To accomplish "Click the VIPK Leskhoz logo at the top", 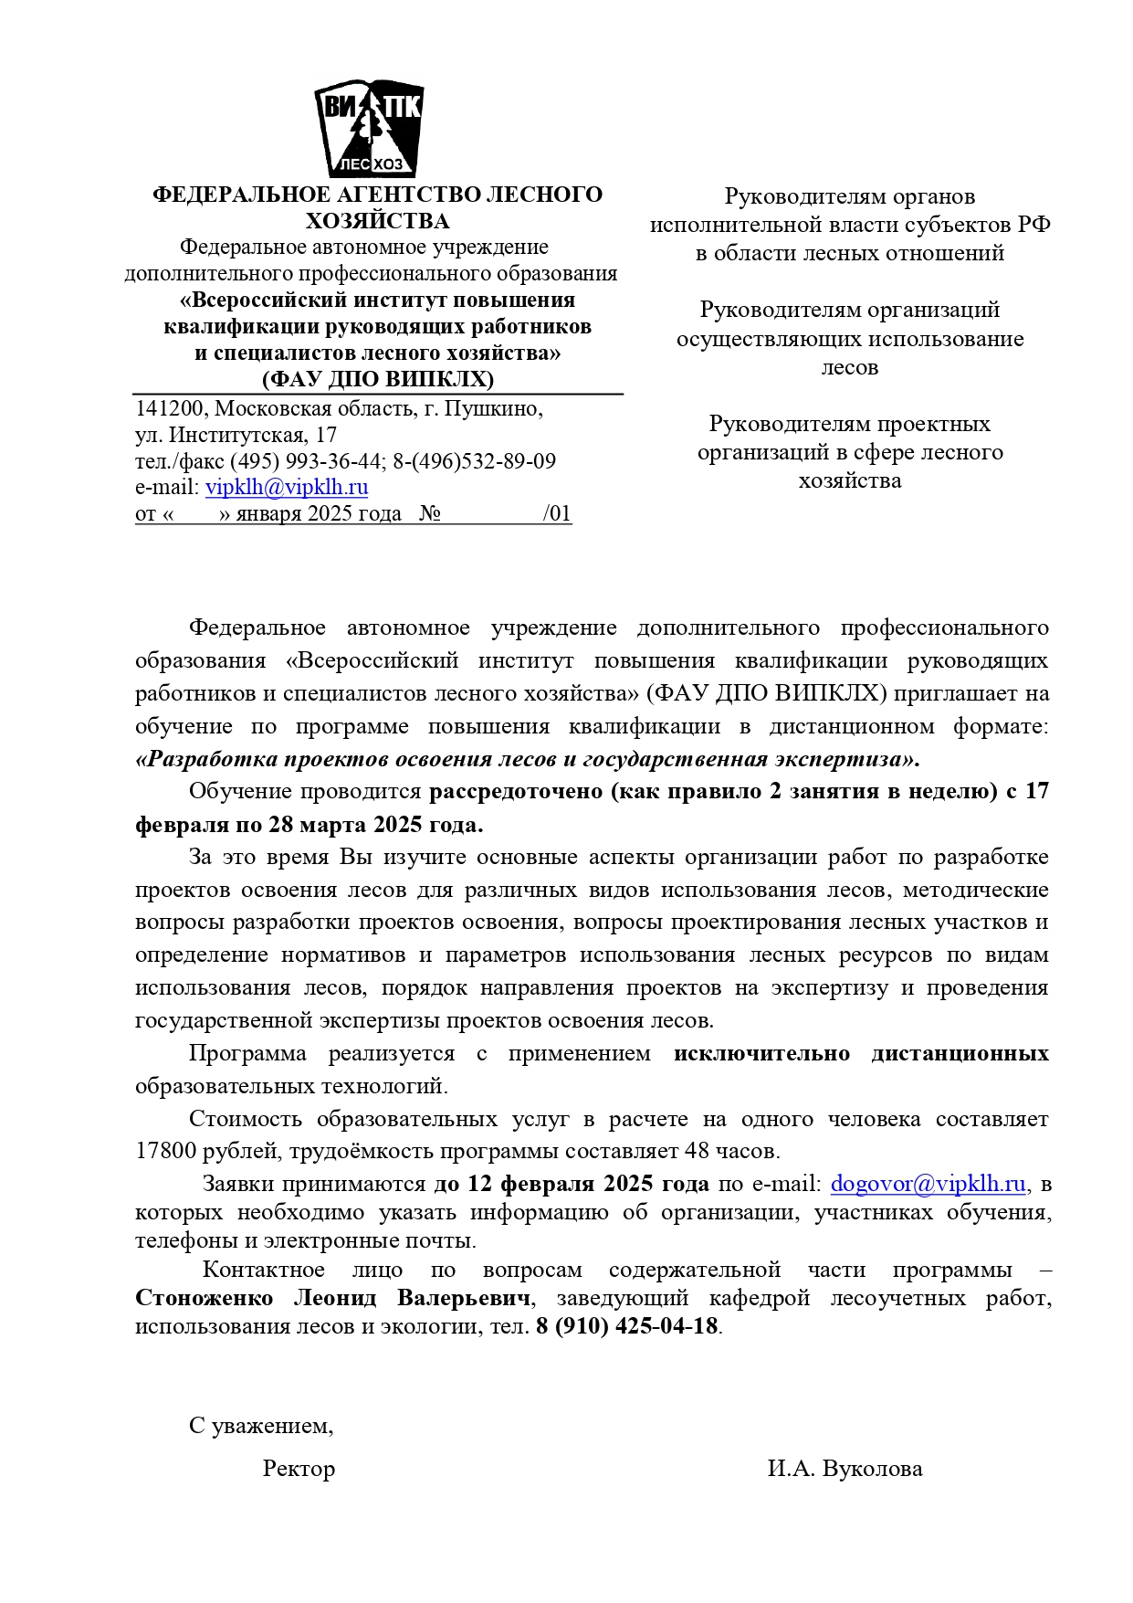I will tap(369, 129).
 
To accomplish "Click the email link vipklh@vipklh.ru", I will tap(287, 487).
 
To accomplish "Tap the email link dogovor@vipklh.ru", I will tap(928, 1184).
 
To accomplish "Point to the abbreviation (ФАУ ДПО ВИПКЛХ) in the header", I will tap(377, 379).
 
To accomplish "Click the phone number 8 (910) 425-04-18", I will tap(627, 1326).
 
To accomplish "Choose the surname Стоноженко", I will tap(204, 1298).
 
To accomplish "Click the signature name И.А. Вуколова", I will tap(845, 1469).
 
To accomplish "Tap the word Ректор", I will tap(299, 1469).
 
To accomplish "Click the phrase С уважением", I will tap(260, 1426).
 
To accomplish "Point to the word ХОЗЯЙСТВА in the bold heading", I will tap(377, 221).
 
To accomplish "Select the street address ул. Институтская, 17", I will tap(236, 435).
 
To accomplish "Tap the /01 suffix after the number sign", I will tap(557, 513).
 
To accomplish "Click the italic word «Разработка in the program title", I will tap(206, 759).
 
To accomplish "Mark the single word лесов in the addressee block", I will tap(849, 367).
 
